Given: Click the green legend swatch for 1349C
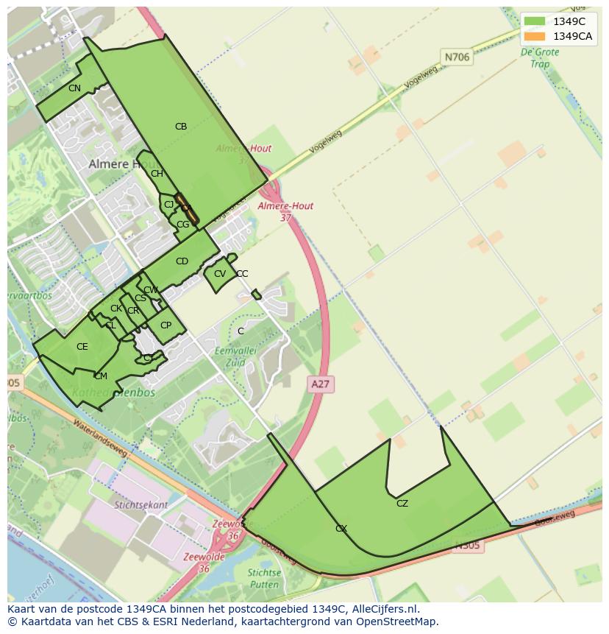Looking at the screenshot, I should [535, 21].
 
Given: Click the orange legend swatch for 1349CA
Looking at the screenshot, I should [535, 36].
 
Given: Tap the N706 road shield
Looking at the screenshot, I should [456, 57].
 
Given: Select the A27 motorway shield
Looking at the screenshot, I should [321, 384].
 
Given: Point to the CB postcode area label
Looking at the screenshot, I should [181, 127].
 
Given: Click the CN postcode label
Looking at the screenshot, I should [74, 88].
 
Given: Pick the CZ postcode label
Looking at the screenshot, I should [402, 504].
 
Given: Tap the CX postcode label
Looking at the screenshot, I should [341, 529].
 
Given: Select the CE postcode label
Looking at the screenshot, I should [82, 347].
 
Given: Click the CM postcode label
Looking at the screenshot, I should [101, 376].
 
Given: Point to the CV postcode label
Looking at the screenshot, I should [220, 274].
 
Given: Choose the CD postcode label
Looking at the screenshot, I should [182, 261].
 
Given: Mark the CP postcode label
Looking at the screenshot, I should [166, 325].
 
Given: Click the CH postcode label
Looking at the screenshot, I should [157, 174].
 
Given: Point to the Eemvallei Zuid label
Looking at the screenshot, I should [235, 356].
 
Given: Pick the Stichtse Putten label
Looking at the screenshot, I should [264, 578].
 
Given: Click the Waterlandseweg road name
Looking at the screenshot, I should [100, 439].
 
